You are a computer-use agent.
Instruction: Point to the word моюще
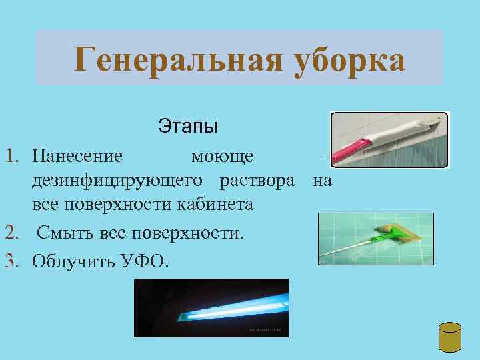(222, 157)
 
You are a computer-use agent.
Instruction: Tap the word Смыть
(61, 233)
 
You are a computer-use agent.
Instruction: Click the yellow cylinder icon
(451, 339)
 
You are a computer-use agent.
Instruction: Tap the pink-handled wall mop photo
(389, 139)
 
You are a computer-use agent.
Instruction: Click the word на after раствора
(322, 181)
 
